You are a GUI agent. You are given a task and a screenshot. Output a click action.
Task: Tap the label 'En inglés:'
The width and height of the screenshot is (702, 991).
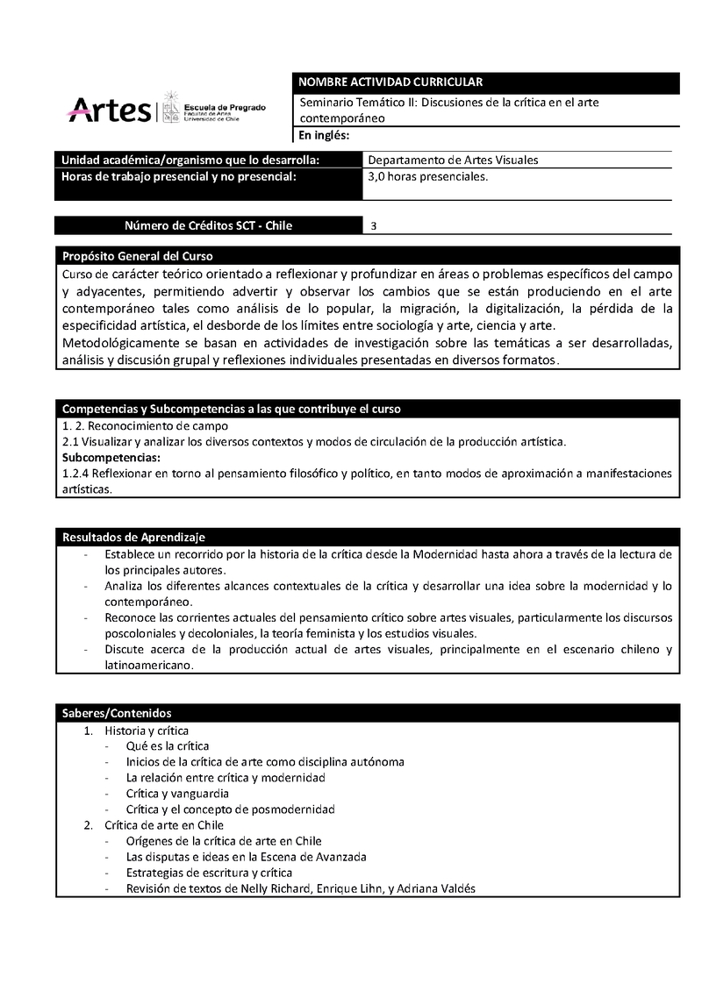tap(325, 135)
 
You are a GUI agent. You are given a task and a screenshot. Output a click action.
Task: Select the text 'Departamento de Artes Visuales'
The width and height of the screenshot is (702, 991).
tap(453, 160)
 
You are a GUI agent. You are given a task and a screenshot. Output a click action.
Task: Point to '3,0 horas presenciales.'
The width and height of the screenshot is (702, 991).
tap(427, 176)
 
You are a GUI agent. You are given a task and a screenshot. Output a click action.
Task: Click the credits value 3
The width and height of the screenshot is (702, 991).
tap(374, 226)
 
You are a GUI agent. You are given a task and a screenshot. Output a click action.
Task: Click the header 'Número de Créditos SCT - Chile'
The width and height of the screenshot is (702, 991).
tap(209, 226)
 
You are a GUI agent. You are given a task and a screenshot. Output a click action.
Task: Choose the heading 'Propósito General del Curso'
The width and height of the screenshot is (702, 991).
tap(137, 256)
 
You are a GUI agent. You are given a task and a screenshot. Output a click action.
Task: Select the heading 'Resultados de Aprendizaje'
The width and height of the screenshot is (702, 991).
tap(133, 537)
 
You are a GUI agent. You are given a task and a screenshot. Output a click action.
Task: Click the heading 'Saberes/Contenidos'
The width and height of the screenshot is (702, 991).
tap(117, 713)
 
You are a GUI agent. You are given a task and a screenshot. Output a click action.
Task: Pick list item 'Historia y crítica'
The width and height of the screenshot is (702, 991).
tap(147, 730)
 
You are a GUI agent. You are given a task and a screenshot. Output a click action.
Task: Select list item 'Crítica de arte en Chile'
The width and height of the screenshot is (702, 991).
tap(164, 825)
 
